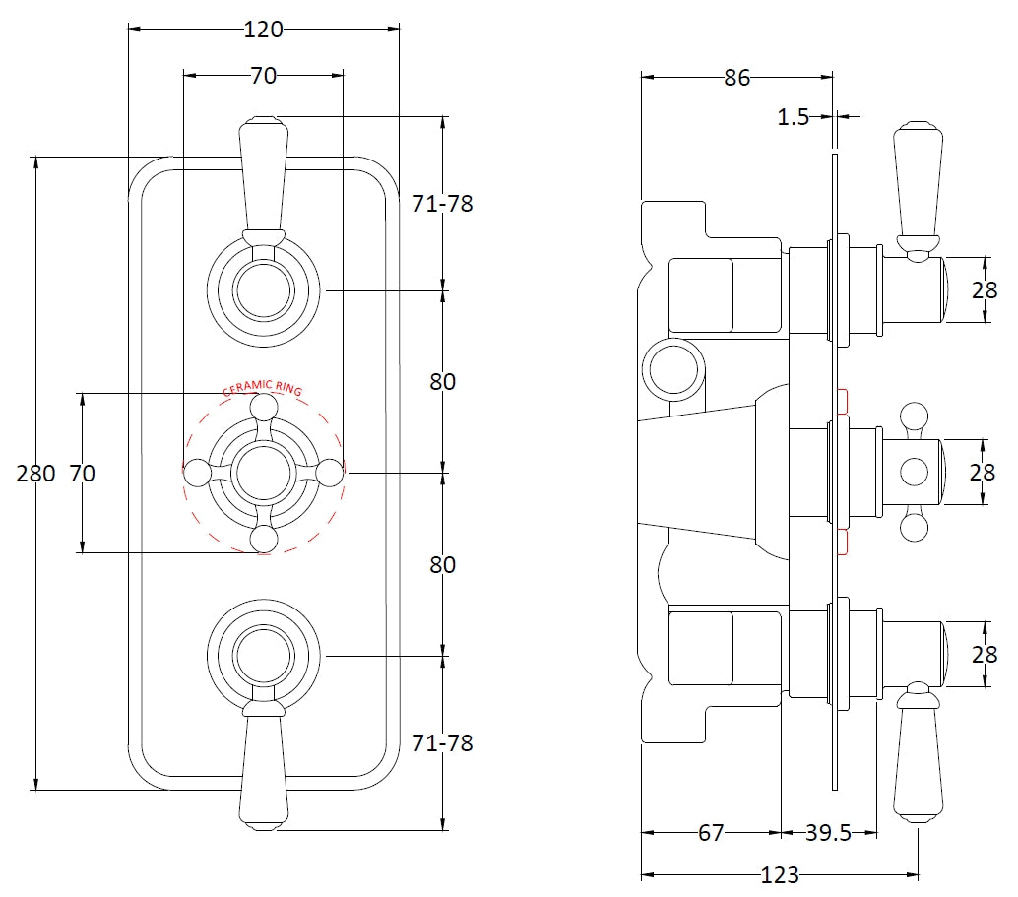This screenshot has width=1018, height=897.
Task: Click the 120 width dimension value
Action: [x=263, y=30]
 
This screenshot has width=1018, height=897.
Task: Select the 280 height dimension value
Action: [x=35, y=474]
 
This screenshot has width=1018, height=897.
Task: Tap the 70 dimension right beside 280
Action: [x=83, y=474]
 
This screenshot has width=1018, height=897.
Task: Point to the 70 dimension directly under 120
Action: [x=263, y=75]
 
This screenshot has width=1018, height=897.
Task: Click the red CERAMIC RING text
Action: [x=262, y=388]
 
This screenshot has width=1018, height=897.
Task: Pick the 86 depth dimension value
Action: [x=736, y=78]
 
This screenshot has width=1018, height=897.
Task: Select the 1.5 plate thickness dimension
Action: [x=793, y=118]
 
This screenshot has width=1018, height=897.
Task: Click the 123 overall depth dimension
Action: [x=780, y=874]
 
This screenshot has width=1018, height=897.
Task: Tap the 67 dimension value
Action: [x=711, y=833]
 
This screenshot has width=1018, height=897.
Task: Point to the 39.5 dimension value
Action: [x=828, y=833]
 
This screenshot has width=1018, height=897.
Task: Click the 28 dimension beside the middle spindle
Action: [x=983, y=473]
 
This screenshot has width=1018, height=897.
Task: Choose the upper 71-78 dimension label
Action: [x=442, y=204]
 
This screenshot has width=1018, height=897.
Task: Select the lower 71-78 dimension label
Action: [x=442, y=742]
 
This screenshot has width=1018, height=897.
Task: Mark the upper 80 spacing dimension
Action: [x=443, y=381]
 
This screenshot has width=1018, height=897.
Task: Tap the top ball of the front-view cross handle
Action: [x=263, y=407]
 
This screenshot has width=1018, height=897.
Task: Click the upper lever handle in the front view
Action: [x=263, y=172]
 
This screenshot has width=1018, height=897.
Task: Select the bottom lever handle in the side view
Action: [x=918, y=758]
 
